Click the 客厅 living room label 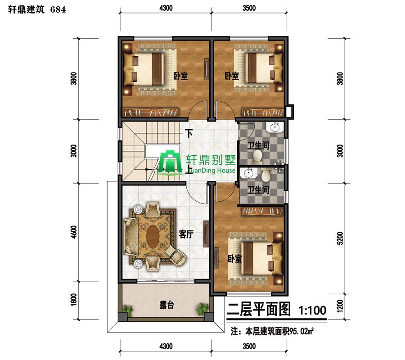tap(186, 234)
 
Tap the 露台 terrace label tap(166, 305)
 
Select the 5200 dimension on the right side tap(340, 238)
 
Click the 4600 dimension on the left tap(74, 232)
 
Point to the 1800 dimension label tap(74, 300)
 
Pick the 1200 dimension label tap(340, 306)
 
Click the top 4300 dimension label tap(166, 8)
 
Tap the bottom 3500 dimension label tap(249, 346)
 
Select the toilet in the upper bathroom tap(257, 157)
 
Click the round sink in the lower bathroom tap(248, 173)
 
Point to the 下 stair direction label tap(189, 134)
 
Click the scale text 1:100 tap(313, 310)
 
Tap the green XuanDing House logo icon tap(170, 162)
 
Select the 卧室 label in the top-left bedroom tap(180, 76)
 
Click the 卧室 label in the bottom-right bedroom tap(234, 258)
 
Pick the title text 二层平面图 tap(259, 309)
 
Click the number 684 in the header tap(58, 10)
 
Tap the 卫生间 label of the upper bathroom tap(258, 145)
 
